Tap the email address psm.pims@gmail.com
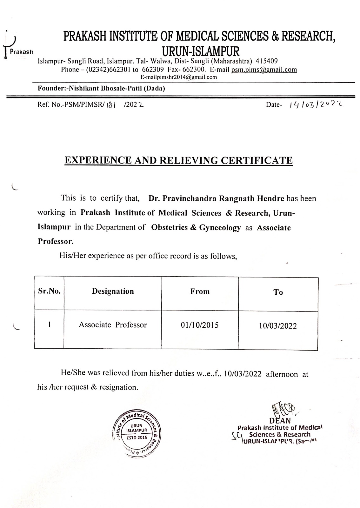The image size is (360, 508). tap(264, 70)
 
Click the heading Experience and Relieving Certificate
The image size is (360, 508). tap(178, 160)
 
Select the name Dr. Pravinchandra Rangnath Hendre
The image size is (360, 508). tap(217, 199)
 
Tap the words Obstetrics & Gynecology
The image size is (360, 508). tap(196, 228)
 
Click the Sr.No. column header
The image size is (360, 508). tap(49, 291)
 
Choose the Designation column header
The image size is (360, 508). tap(113, 291)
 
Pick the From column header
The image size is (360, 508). tap(200, 291)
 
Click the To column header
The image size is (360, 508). tap(278, 292)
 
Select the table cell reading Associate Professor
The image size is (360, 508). tap(113, 325)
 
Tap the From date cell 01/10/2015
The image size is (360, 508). tap(200, 325)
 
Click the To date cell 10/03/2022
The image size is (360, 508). tap(278, 326)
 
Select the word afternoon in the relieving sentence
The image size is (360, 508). tap(282, 374)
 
